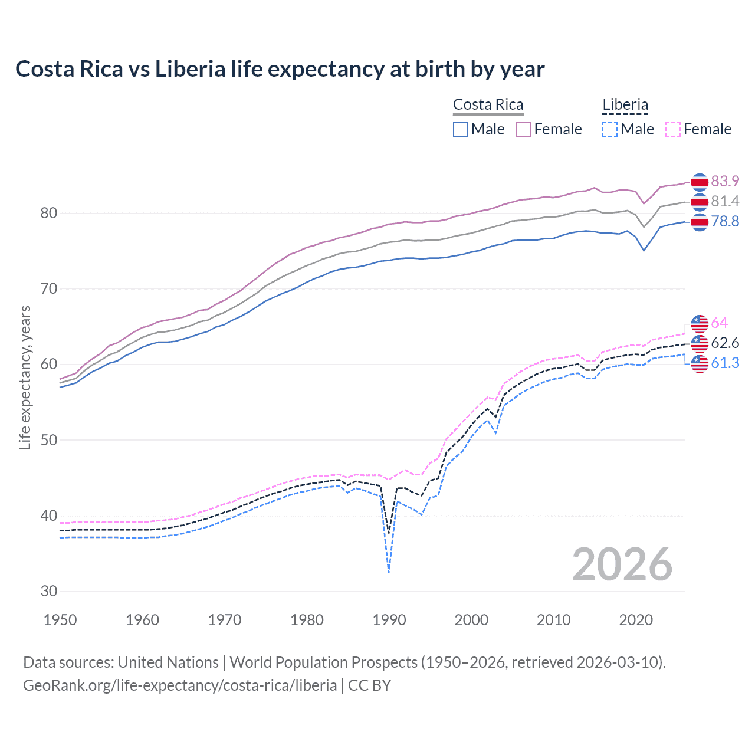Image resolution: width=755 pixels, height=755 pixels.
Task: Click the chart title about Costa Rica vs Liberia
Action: pos(280,69)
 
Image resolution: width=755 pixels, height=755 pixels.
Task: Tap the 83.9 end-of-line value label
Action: pos(725,181)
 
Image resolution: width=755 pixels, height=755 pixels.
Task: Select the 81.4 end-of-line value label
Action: pos(725,201)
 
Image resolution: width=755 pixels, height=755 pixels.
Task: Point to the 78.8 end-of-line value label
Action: pos(725,221)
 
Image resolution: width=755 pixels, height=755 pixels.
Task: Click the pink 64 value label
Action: pos(719,323)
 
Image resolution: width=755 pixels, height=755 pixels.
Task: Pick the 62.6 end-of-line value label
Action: pos(725,343)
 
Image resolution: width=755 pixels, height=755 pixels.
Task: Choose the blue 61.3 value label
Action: pos(725,363)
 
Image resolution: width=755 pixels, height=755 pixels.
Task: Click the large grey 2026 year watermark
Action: pos(622,564)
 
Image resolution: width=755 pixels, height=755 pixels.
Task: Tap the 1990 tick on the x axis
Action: pos(389,620)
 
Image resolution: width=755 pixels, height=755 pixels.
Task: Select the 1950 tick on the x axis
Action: pos(60,620)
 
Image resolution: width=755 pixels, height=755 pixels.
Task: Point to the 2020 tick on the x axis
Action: pos(636,620)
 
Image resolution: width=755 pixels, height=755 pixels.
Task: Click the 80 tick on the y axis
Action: pos(48,213)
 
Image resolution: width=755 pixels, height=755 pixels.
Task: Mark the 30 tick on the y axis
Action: pos(48,591)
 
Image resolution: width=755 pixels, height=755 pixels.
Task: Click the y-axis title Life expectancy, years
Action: pos(25,377)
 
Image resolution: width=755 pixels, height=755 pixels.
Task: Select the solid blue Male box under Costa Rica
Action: pos(461,129)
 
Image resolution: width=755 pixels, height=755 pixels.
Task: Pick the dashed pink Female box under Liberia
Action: pos(673,129)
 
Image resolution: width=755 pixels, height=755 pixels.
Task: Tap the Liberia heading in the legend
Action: pos(625,105)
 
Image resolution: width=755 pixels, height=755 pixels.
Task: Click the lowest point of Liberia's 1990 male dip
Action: pos(389,572)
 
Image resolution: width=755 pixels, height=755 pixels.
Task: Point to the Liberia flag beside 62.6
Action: pos(700,343)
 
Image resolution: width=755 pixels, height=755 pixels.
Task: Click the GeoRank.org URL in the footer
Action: pos(180,685)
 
